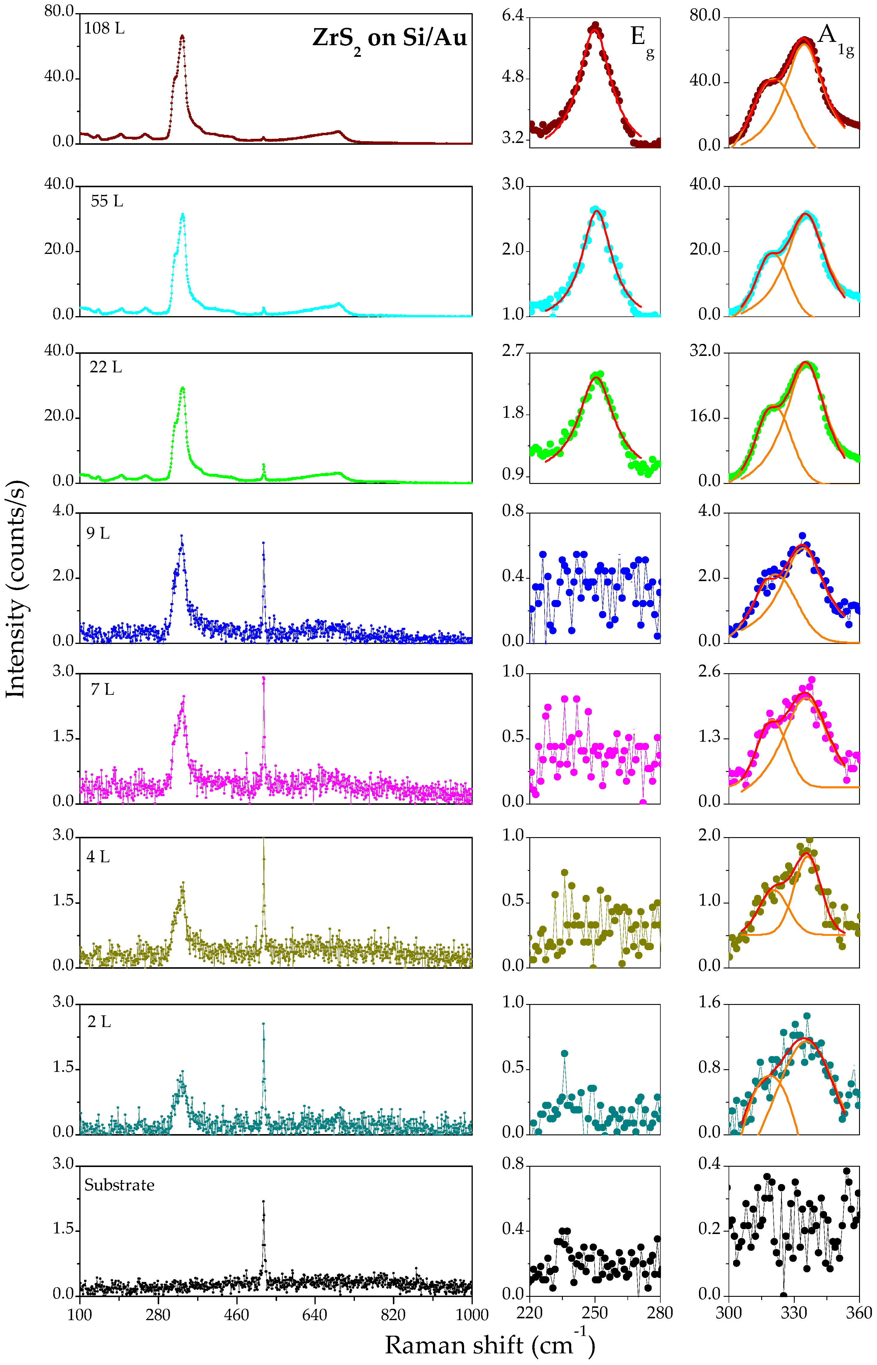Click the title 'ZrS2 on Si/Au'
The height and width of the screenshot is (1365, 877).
click(x=390, y=39)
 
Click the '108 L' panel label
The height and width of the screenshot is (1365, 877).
click(x=104, y=28)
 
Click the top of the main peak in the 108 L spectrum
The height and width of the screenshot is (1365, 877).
click(x=182, y=36)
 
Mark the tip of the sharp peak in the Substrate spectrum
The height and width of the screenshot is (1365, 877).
click(x=263, y=1201)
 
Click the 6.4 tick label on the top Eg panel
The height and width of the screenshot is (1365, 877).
click(x=513, y=15)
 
